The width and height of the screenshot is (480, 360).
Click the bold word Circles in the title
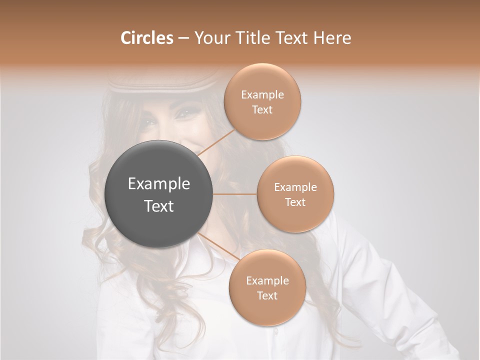pos(146,38)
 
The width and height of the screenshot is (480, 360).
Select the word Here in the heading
pos(332,38)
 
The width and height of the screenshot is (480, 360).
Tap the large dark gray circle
pos(159,194)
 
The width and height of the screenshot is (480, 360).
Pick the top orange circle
pos(262,102)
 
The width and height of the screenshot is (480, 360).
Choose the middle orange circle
pos(295,194)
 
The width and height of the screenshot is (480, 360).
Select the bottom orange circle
pos(267,288)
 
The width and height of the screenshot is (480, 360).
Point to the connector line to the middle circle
pos(235,194)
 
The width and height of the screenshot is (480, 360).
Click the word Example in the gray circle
pos(159,184)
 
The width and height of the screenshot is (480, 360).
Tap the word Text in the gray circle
pos(159,206)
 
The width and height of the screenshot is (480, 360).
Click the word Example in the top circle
pos(262,94)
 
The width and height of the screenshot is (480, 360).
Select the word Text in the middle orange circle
pos(295,202)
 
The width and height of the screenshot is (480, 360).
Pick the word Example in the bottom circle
pos(267,280)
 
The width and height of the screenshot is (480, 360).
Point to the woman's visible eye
pos(183,113)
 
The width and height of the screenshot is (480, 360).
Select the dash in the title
pos(183,38)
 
